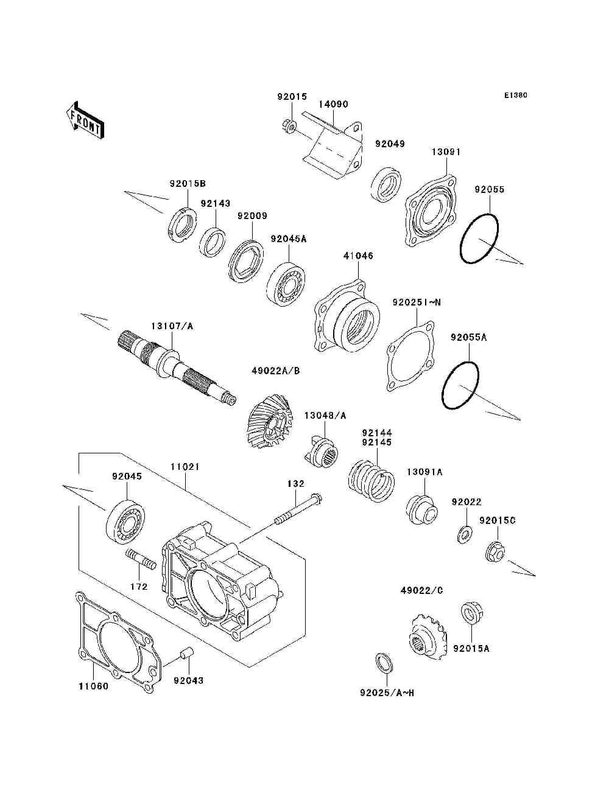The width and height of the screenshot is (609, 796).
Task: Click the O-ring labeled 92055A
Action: [x=460, y=386]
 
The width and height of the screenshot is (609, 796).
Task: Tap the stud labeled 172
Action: [x=141, y=558]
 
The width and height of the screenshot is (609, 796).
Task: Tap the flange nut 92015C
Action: [x=495, y=552]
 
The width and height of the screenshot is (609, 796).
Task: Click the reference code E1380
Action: [x=515, y=96]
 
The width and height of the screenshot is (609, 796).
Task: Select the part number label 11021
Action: [x=185, y=467]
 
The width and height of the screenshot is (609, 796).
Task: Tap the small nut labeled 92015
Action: [x=289, y=126]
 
